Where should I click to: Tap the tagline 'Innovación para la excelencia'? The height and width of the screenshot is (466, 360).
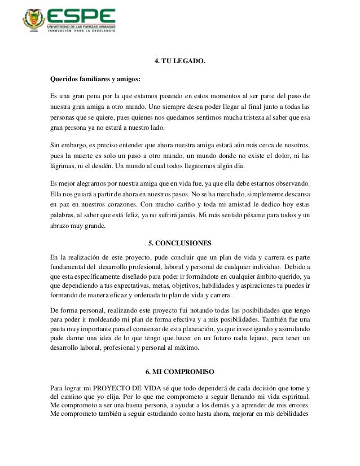point(84,32)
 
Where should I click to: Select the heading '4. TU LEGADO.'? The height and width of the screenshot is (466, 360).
point(179,60)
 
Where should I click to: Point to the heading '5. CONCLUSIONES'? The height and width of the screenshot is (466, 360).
point(179,244)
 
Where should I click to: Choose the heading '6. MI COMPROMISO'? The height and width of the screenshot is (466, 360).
point(179,372)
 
